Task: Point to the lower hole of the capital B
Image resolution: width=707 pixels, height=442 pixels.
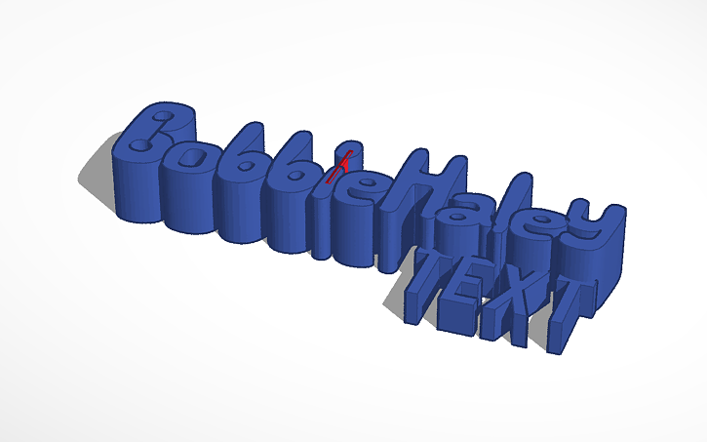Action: click(x=144, y=146)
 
